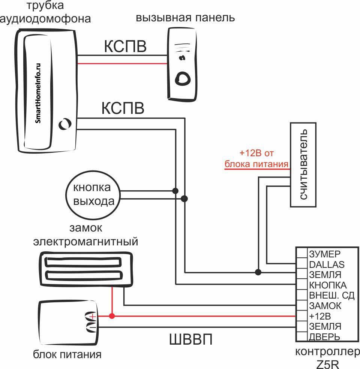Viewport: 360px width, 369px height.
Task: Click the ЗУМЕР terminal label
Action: pos(324,254)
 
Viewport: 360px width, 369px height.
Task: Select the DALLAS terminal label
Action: pos(327,264)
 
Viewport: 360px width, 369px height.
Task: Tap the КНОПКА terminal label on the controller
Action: pos(328,285)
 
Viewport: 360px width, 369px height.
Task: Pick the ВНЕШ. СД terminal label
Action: pos(331,295)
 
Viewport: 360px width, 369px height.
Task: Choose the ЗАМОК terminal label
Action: pos(325,306)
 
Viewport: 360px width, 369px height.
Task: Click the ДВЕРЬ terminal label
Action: pos(324,336)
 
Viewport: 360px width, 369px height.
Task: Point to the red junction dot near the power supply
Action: pos(111,316)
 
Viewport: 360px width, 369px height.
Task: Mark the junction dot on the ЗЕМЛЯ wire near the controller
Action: pos(258,271)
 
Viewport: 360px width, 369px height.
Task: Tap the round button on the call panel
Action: pos(183,78)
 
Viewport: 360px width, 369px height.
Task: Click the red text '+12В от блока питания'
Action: pos(256,159)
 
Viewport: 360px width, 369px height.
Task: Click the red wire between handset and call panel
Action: pos(122,64)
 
